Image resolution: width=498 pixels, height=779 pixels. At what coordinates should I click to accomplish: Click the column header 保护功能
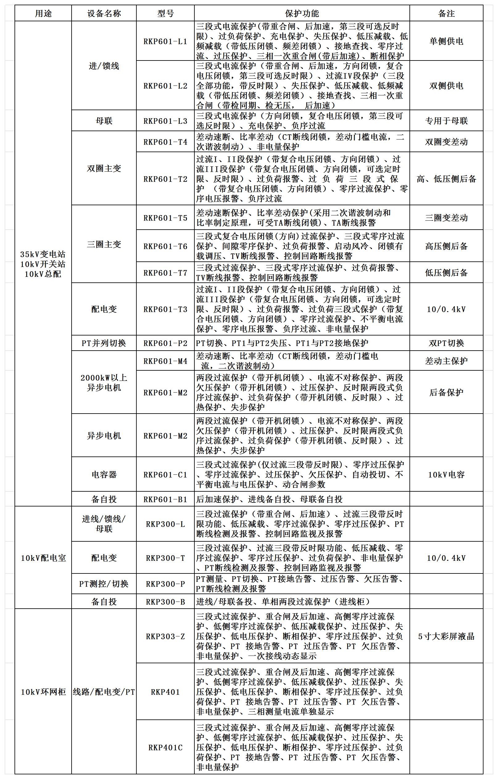pyautogui.click(x=302, y=14)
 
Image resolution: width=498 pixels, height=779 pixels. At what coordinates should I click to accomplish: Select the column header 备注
pyautogui.click(x=446, y=14)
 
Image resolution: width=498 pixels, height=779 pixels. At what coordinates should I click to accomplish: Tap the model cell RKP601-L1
pyautogui.click(x=165, y=41)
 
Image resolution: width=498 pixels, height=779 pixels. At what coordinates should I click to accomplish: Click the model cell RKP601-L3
pyautogui.click(x=165, y=121)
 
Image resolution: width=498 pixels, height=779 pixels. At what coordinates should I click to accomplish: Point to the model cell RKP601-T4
pyautogui.click(x=165, y=142)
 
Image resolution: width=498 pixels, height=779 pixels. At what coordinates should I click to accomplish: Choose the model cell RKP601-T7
pyautogui.click(x=165, y=273)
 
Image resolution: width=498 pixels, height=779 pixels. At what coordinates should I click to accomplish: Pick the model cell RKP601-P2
pyautogui.click(x=165, y=343)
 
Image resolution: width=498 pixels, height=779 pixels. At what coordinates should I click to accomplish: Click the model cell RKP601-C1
pyautogui.click(x=165, y=475)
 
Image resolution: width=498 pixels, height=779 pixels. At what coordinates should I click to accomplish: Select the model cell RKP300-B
pyautogui.click(x=165, y=602)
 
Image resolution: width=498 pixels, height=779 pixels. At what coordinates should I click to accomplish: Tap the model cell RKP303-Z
pyautogui.click(x=165, y=637)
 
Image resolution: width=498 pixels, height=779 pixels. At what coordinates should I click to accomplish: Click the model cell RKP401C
pyautogui.click(x=165, y=747)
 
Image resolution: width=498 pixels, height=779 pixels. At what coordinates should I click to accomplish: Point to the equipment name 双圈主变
pyautogui.click(x=104, y=168)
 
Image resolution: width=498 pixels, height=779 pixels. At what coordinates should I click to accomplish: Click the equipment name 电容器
pyautogui.click(x=104, y=475)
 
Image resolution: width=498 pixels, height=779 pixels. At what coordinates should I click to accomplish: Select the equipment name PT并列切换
pyautogui.click(x=104, y=343)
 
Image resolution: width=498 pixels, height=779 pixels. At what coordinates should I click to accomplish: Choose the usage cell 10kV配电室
pyautogui.click(x=43, y=558)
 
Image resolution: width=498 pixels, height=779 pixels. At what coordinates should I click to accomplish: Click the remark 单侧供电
pyautogui.click(x=446, y=41)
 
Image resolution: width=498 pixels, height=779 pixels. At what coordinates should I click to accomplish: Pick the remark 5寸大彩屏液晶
pyautogui.click(x=446, y=637)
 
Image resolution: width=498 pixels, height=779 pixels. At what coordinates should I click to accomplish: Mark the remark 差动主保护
pyautogui.click(x=446, y=361)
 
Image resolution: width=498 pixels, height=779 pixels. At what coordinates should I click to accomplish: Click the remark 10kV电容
pyautogui.click(x=446, y=475)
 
